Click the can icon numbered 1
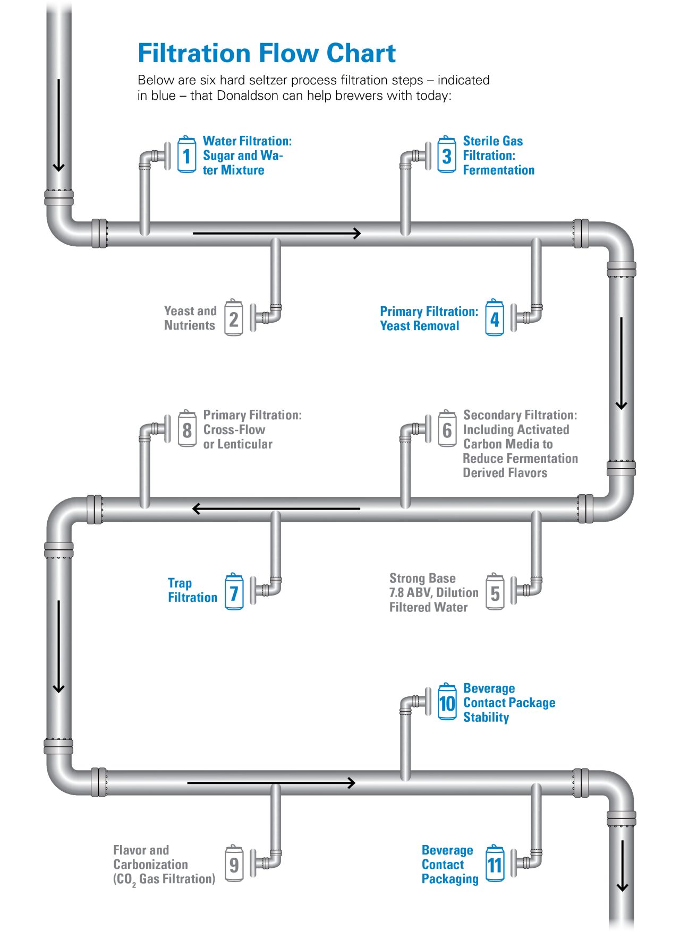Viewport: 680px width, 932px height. pyautogui.click(x=186, y=155)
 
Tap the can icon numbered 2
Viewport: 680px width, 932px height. pyautogui.click(x=234, y=318)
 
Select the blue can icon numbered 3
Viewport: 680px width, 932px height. pyautogui.click(x=447, y=155)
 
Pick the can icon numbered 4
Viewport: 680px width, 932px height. pyautogui.click(x=495, y=318)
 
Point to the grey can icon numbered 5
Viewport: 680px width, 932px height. pyautogui.click(x=495, y=592)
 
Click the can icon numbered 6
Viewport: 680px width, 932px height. pyautogui.click(x=447, y=429)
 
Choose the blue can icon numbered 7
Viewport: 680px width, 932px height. pyautogui.click(x=234, y=592)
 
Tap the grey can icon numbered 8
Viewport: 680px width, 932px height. pyautogui.click(x=187, y=429)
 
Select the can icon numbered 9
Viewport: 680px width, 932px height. pyautogui.click(x=234, y=864)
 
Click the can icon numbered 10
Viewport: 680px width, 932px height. pyautogui.click(x=447, y=702)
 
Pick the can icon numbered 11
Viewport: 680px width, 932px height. pyautogui.click(x=495, y=864)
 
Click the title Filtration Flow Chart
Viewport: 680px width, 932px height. pyautogui.click(x=267, y=53)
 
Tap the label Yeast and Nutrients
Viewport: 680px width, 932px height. pyautogui.click(x=190, y=318)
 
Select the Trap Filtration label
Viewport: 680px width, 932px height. pyautogui.click(x=192, y=590)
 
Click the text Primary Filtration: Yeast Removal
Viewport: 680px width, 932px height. pyautogui.click(x=428, y=318)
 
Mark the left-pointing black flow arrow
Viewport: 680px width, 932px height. pyautogui.click(x=276, y=508)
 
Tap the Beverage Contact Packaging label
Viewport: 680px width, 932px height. pyautogui.click(x=449, y=864)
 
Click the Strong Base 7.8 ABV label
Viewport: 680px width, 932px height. pyautogui.click(x=433, y=592)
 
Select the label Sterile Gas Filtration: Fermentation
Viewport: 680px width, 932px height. pyautogui.click(x=498, y=155)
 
